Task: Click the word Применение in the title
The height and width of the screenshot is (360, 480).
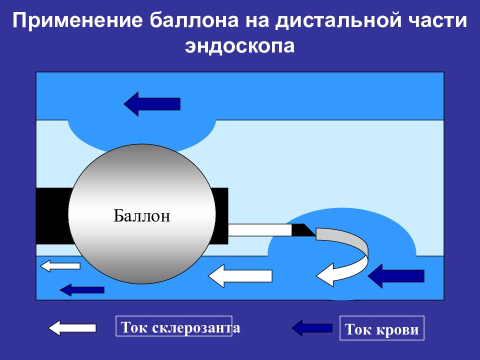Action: (x=78, y=20)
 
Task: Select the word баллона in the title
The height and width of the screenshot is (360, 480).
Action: (x=194, y=20)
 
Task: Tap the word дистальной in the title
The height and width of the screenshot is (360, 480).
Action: (x=338, y=21)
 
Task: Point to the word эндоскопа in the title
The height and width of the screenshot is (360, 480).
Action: (x=239, y=46)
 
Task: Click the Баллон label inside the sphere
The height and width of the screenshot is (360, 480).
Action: (x=141, y=215)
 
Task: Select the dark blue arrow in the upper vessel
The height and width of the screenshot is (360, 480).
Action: (x=152, y=104)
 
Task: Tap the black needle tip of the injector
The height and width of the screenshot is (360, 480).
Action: (x=303, y=230)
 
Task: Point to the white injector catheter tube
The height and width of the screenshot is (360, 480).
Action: (x=260, y=230)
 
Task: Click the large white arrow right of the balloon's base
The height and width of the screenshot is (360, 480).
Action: (x=240, y=276)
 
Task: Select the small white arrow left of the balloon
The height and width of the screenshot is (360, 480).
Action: (x=60, y=265)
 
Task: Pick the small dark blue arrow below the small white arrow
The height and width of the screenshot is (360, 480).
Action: (x=82, y=289)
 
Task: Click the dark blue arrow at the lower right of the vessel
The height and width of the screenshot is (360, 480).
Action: (x=396, y=276)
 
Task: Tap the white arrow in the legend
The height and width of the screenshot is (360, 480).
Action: (x=72, y=328)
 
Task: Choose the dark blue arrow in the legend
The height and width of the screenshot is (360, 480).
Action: (x=312, y=328)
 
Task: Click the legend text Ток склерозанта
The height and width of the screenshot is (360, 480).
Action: (x=180, y=327)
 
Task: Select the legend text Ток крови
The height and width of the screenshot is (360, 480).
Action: (x=381, y=329)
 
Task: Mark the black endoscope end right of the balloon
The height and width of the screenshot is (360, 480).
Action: (x=221, y=216)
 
